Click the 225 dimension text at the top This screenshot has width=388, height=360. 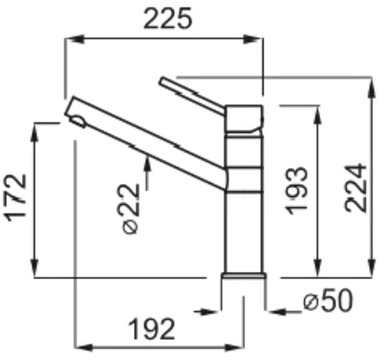click(167, 19)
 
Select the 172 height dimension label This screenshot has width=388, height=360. click(16, 198)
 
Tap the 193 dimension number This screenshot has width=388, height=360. click(297, 191)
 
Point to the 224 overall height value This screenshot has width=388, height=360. click(356, 188)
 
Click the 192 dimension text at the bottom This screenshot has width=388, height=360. click(151, 330)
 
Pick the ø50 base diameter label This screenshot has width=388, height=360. click(328, 301)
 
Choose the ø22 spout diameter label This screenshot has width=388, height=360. click(131, 209)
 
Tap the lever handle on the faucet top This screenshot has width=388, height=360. click(193, 96)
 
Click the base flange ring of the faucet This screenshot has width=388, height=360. click(244, 275)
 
